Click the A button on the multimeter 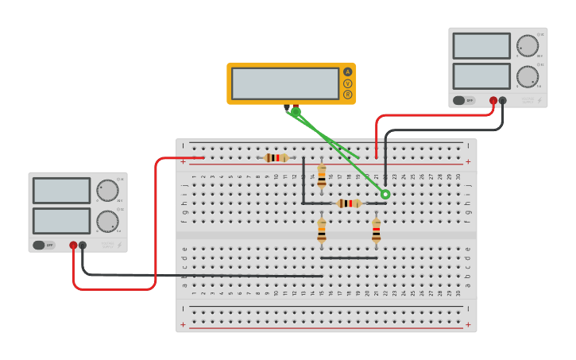click(347, 72)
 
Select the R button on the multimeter click(347, 95)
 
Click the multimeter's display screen click(285, 83)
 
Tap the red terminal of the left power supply click(73, 246)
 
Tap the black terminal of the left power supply click(83, 246)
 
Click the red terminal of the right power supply click(493, 101)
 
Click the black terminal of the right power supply click(503, 101)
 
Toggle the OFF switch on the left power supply click(44, 246)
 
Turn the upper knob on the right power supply click(527, 45)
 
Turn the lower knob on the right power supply click(527, 76)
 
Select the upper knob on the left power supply click(107, 191)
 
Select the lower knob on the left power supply click(107, 221)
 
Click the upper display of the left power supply click(61, 191)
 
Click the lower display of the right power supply click(481, 76)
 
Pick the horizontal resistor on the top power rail click(276, 158)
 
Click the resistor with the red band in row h click(349, 203)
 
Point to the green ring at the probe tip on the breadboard click(385, 195)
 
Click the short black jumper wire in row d click(349, 257)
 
